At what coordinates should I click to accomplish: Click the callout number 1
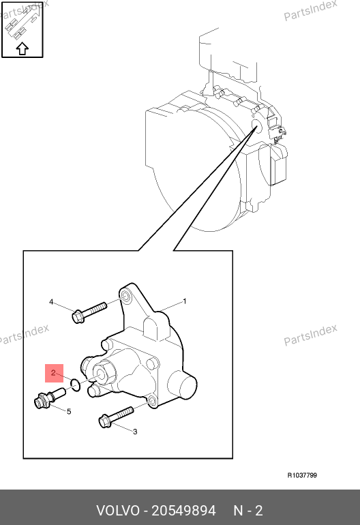coord(185,301)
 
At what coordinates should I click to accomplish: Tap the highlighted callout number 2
coord(53,373)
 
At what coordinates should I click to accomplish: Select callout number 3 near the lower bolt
coord(135,432)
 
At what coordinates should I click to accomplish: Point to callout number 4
coord(51,302)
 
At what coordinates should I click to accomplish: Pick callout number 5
coord(69,412)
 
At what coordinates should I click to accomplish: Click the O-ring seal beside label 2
coord(76,385)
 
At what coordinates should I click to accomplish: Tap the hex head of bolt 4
coord(78,316)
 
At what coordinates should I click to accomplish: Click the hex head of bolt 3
coord(105,421)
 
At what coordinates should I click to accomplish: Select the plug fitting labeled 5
coord(50,397)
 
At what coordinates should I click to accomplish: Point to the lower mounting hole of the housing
coord(151,401)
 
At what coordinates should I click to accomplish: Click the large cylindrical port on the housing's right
coord(182,386)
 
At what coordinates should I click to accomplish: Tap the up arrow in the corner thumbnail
coord(22,48)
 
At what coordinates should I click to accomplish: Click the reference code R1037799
coord(302,475)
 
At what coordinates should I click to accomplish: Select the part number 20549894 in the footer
coord(183,511)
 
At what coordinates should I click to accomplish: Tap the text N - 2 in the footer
coord(247,511)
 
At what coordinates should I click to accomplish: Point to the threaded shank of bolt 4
coord(95,309)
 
